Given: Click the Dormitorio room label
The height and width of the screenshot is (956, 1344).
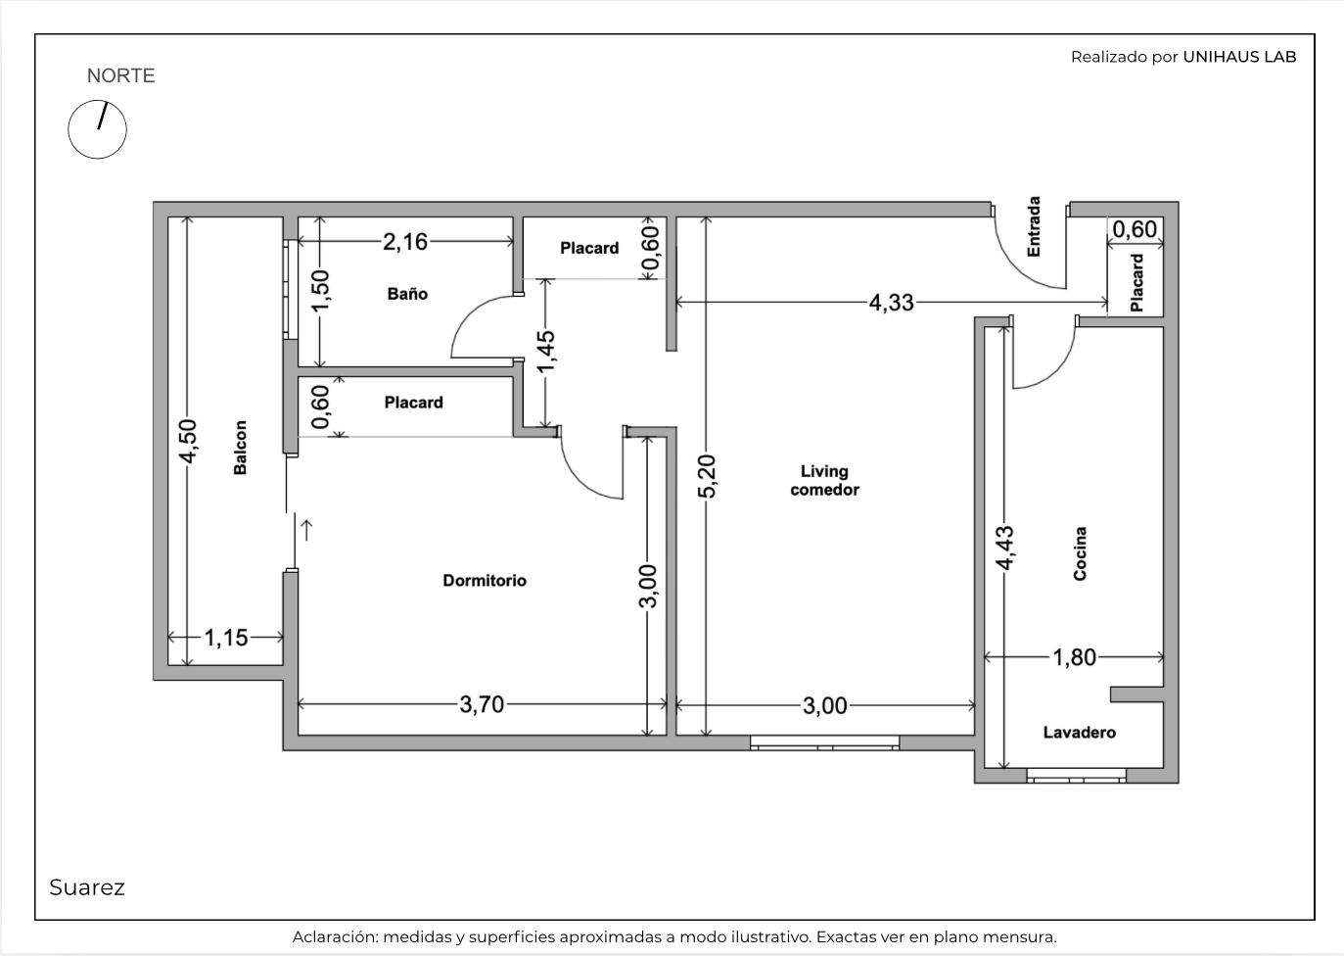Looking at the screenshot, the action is (485, 581).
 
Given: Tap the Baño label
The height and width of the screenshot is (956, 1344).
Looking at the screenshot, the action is (407, 294).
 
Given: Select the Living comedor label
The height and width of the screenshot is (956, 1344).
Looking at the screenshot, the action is (824, 480).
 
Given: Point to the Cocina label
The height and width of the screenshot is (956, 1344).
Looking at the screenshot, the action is (1080, 553).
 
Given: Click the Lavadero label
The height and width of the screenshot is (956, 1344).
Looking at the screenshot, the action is (1080, 732).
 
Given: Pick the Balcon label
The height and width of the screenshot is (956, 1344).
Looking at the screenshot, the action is (240, 448).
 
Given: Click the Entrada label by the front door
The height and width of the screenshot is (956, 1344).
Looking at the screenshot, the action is (1033, 227).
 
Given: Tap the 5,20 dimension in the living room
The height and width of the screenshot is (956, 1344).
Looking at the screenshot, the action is (708, 476).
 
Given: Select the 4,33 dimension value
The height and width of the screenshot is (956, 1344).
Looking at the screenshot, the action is (891, 303).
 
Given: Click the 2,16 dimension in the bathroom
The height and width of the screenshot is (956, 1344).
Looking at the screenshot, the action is (405, 242).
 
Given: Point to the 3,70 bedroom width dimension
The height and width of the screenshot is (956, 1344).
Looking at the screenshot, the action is (482, 704).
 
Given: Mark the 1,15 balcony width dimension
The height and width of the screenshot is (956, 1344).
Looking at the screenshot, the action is (226, 637).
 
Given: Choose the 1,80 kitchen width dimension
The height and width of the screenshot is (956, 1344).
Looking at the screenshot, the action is (1075, 657).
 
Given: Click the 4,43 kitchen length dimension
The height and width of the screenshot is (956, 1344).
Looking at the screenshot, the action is (1005, 548).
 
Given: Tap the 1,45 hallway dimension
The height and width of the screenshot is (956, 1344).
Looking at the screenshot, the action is (546, 352).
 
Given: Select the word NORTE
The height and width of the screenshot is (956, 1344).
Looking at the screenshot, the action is (120, 75).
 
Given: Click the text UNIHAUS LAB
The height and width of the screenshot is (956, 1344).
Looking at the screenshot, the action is (1239, 57).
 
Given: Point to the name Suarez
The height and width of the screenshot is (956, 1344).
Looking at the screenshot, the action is (87, 887).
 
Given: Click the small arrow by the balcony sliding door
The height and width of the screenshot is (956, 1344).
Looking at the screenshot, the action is (306, 530).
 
